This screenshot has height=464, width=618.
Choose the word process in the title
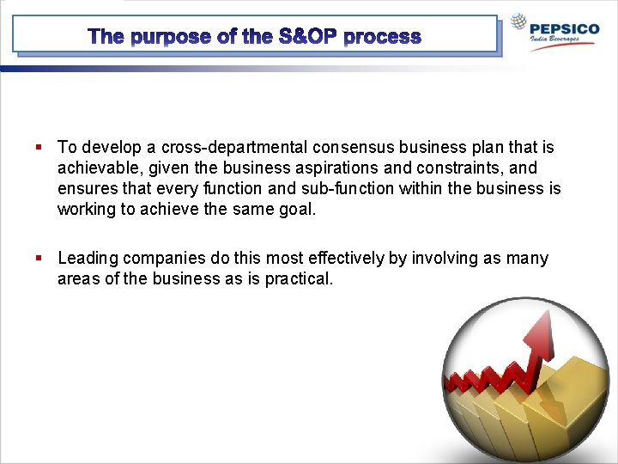[383, 37]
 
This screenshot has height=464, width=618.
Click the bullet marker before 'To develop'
[39, 148]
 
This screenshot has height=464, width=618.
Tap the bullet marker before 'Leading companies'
[39, 259]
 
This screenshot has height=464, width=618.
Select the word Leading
[88, 259]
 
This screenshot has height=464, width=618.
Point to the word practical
[297, 279]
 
